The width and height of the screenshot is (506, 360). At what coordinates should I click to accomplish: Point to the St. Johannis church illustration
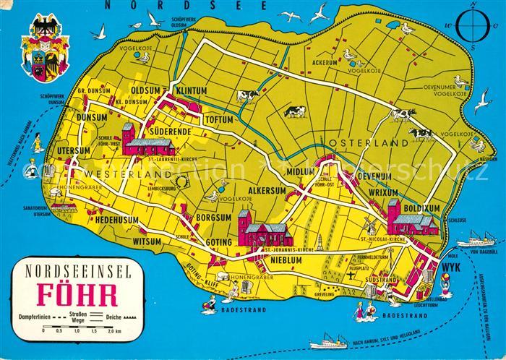tap(264, 232)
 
